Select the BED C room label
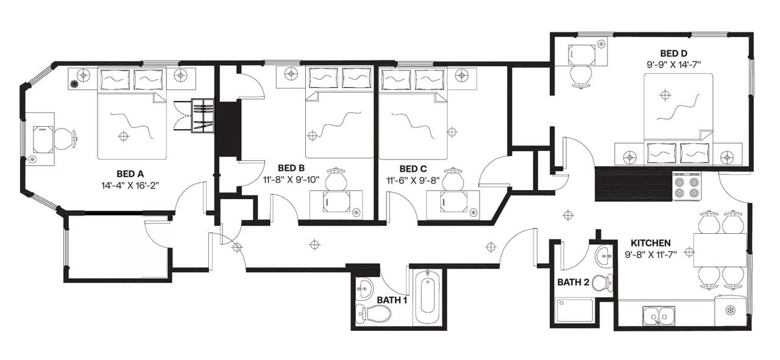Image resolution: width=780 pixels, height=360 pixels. click(413, 169)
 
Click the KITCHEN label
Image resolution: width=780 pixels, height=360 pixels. click(651, 243)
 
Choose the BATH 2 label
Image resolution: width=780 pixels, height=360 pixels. click(573, 282)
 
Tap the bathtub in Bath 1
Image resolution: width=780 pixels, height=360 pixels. click(427, 297)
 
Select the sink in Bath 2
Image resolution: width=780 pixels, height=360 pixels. click(604, 256)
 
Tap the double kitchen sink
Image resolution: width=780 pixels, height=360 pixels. click(658, 316)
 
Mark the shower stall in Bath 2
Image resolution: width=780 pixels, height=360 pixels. click(575, 310)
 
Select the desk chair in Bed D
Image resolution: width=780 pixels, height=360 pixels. click(581, 76)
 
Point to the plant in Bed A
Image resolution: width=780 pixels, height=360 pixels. click(75, 85)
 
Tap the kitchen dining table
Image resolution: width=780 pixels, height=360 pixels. click(720, 250)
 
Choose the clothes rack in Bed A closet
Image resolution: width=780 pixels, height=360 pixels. click(202, 115)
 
